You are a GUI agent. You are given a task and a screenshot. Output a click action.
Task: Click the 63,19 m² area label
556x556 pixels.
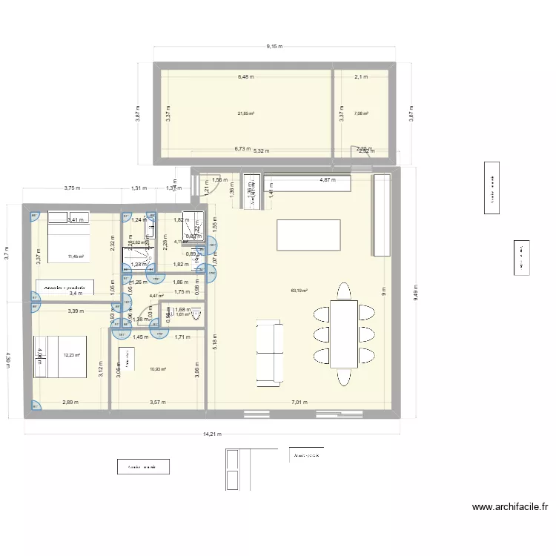299,291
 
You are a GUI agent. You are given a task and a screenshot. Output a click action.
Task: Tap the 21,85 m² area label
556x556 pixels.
246,113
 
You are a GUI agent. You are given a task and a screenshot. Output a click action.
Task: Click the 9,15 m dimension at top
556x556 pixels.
274,47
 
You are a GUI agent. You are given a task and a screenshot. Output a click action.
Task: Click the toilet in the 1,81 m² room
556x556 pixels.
196,314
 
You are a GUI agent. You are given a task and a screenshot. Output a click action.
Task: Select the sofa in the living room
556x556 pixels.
270,353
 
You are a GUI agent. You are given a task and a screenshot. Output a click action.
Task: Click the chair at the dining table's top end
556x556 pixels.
343,289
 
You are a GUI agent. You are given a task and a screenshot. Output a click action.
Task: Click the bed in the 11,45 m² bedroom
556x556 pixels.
68,232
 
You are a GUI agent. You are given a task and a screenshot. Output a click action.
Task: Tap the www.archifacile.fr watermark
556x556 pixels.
509,508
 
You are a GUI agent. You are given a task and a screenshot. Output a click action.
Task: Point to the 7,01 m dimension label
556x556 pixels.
299,403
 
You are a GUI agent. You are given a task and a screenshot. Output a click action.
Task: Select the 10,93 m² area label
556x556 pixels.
157,369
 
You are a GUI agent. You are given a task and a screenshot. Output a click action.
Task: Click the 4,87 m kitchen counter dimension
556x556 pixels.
327,179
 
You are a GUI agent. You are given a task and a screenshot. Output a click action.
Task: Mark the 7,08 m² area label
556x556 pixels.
361,113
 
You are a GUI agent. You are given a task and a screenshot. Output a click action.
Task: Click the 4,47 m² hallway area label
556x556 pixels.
156,296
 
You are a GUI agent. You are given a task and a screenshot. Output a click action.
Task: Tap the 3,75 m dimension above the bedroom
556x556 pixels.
73,188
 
